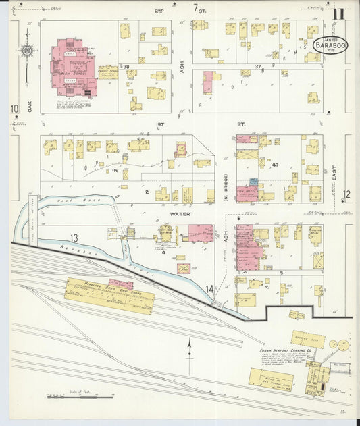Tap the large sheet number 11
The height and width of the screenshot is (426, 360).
[338, 12]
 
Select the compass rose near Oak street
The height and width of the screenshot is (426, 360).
[26, 51]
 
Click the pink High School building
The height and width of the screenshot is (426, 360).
[72, 68]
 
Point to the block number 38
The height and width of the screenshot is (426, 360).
[126, 67]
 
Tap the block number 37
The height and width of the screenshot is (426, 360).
[257, 66]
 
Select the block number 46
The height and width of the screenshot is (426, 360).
[115, 170]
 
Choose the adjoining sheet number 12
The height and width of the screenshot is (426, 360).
[346, 194]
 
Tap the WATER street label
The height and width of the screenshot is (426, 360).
[180, 213]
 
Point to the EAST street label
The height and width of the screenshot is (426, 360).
[342, 174]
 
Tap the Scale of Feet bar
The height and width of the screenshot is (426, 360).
[70, 398]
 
